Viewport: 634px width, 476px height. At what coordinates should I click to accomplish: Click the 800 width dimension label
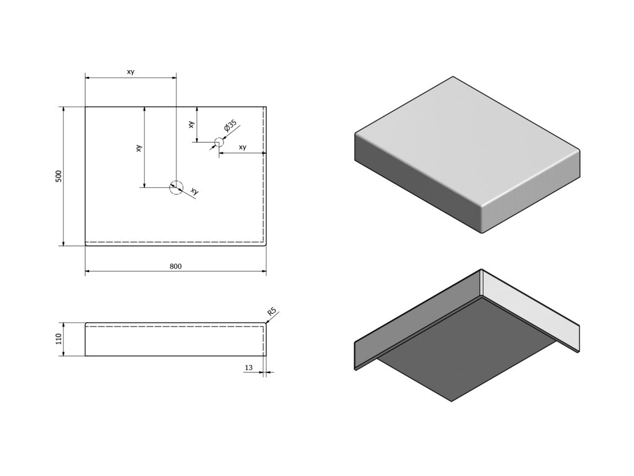175,267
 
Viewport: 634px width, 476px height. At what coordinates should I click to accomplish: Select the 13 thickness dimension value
249,368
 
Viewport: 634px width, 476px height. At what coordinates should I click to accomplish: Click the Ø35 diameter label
230,128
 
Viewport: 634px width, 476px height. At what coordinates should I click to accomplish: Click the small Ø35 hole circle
218,143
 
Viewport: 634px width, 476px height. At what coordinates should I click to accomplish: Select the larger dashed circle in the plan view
176,187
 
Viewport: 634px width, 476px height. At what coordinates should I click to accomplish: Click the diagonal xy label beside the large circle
194,192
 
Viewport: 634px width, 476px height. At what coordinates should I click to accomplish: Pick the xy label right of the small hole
243,148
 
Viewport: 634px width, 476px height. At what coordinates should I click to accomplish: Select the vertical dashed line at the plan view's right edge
265,174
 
